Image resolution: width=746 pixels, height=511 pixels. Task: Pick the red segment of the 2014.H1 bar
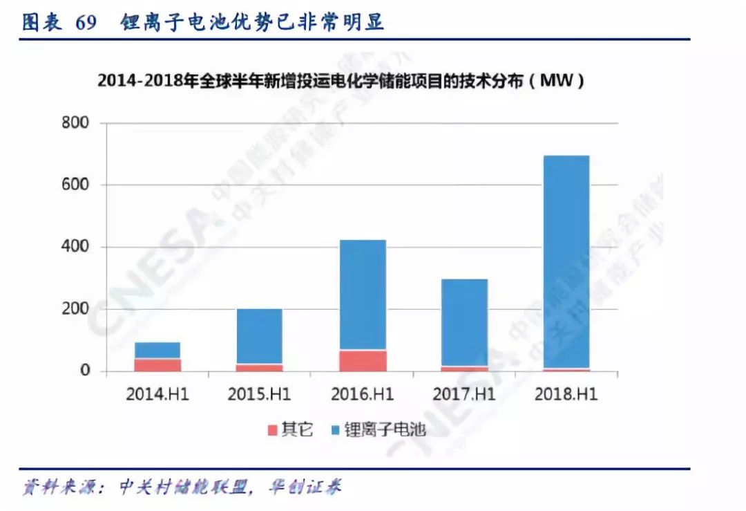coord(157,364)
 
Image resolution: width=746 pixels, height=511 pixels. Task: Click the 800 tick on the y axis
coord(75,123)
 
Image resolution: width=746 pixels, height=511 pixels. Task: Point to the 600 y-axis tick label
coord(75,185)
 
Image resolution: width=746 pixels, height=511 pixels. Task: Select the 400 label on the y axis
coord(75,247)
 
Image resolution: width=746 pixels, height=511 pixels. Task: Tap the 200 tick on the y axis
coord(75,309)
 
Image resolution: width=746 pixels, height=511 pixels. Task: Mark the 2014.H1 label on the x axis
coord(157,395)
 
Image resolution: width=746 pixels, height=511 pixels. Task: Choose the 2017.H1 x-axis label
coord(464,395)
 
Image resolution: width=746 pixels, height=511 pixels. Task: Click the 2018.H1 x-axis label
coord(566,395)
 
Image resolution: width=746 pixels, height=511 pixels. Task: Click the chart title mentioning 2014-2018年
coord(341,82)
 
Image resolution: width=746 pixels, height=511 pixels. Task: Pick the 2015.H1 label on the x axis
coord(259,395)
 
